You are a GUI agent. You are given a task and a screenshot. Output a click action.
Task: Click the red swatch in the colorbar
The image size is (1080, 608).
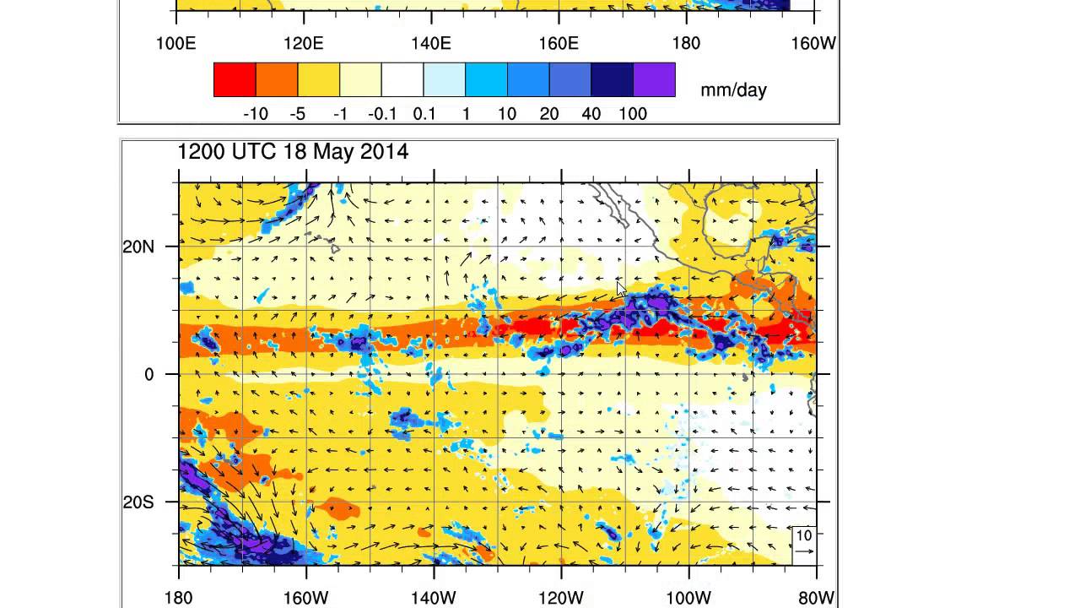(x=235, y=79)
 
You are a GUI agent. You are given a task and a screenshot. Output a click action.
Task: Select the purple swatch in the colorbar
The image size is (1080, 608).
(x=654, y=79)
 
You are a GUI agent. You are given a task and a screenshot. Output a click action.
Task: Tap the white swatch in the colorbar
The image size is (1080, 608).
(x=402, y=79)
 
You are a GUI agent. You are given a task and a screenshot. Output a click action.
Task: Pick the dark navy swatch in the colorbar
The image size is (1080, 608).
(x=612, y=79)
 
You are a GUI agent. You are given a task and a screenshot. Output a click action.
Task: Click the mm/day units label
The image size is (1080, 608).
(x=733, y=90)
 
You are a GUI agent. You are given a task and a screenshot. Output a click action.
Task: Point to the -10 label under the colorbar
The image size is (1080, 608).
(x=255, y=114)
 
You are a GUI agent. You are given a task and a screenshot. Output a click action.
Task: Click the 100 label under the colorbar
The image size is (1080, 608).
(x=633, y=114)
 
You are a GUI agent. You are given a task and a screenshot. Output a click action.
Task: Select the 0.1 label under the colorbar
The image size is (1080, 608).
(x=424, y=114)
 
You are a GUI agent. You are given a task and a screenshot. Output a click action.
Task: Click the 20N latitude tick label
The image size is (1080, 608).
(x=138, y=247)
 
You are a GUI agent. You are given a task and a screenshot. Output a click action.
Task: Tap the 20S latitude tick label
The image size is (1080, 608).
(x=138, y=502)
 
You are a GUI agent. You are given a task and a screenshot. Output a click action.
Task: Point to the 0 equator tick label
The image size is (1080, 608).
(x=149, y=374)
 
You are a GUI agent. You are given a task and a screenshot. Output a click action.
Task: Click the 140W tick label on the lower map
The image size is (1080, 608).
(x=434, y=598)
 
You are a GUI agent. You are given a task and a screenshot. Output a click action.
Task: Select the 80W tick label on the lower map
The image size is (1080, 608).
(x=816, y=598)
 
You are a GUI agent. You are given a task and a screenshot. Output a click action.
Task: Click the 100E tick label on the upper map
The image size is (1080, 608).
(x=175, y=43)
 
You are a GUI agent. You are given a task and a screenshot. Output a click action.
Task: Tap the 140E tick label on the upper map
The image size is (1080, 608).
(x=431, y=43)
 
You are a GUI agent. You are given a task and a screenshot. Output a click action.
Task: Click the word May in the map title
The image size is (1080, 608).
(x=330, y=152)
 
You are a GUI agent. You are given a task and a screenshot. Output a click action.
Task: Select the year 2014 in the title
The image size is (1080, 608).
(x=384, y=152)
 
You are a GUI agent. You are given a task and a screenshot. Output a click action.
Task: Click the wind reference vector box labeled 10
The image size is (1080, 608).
(x=804, y=545)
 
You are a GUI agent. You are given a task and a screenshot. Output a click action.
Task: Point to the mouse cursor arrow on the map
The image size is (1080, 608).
(x=622, y=289)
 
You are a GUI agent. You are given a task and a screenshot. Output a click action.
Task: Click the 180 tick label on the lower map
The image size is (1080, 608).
(x=179, y=598)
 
